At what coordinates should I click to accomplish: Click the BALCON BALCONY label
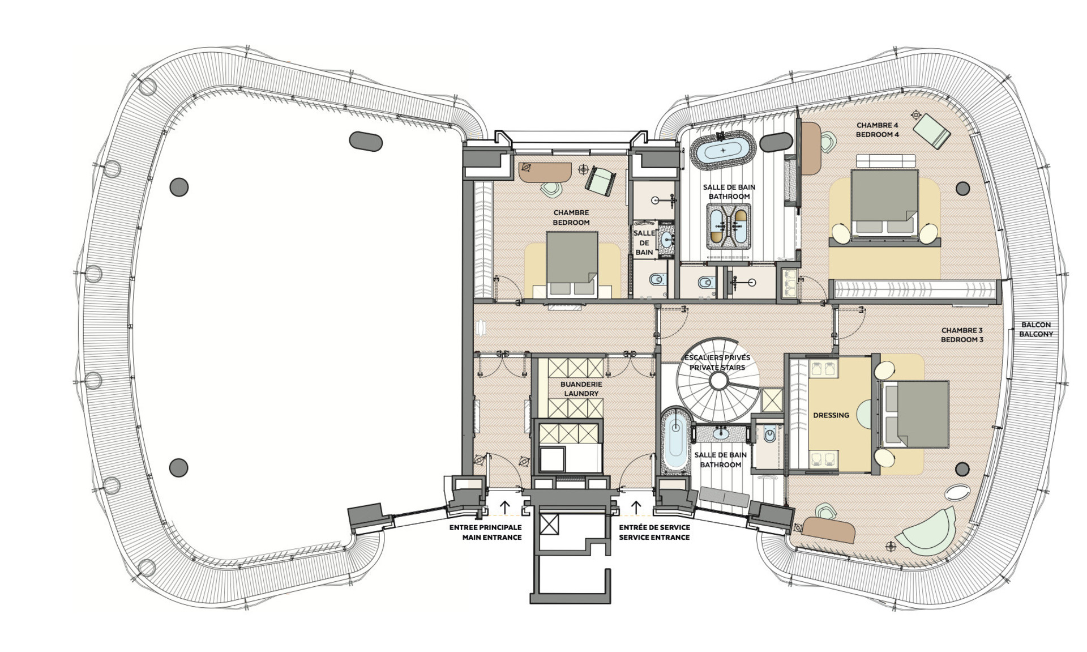coord(1036,330)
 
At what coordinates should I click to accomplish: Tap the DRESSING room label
coord(831,415)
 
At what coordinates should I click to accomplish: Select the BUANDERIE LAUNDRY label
coord(581,389)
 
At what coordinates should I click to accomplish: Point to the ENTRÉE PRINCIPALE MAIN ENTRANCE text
coord(485,532)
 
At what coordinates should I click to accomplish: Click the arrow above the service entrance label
coord(636,506)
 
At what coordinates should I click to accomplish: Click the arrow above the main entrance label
coord(505,506)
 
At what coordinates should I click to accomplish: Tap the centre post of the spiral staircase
coord(718,381)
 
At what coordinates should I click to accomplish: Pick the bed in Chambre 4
coord(884,202)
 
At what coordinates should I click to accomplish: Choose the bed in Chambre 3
coord(915,415)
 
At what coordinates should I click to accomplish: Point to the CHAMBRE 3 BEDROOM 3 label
coord(962,335)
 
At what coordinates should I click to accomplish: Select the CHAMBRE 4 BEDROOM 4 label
coord(877,130)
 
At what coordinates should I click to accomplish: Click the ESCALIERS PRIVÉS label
coord(717,358)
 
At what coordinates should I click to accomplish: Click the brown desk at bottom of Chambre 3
coord(828,529)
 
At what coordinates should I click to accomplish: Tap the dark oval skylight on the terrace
coord(366,141)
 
